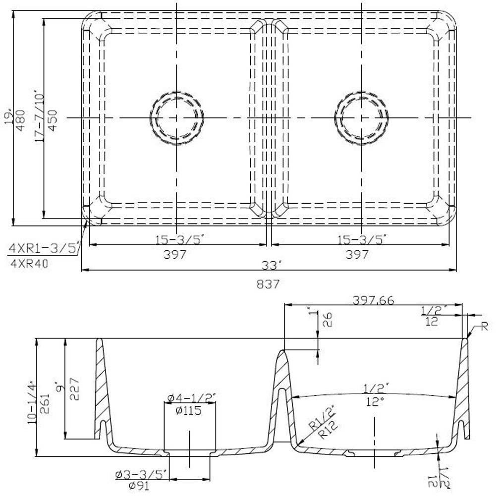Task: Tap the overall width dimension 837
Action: (268, 284)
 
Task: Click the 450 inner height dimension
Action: (53, 119)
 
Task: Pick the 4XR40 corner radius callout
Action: (29, 264)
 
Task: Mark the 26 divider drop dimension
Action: (328, 320)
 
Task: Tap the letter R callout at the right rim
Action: (485, 326)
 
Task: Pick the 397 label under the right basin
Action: (357, 254)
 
